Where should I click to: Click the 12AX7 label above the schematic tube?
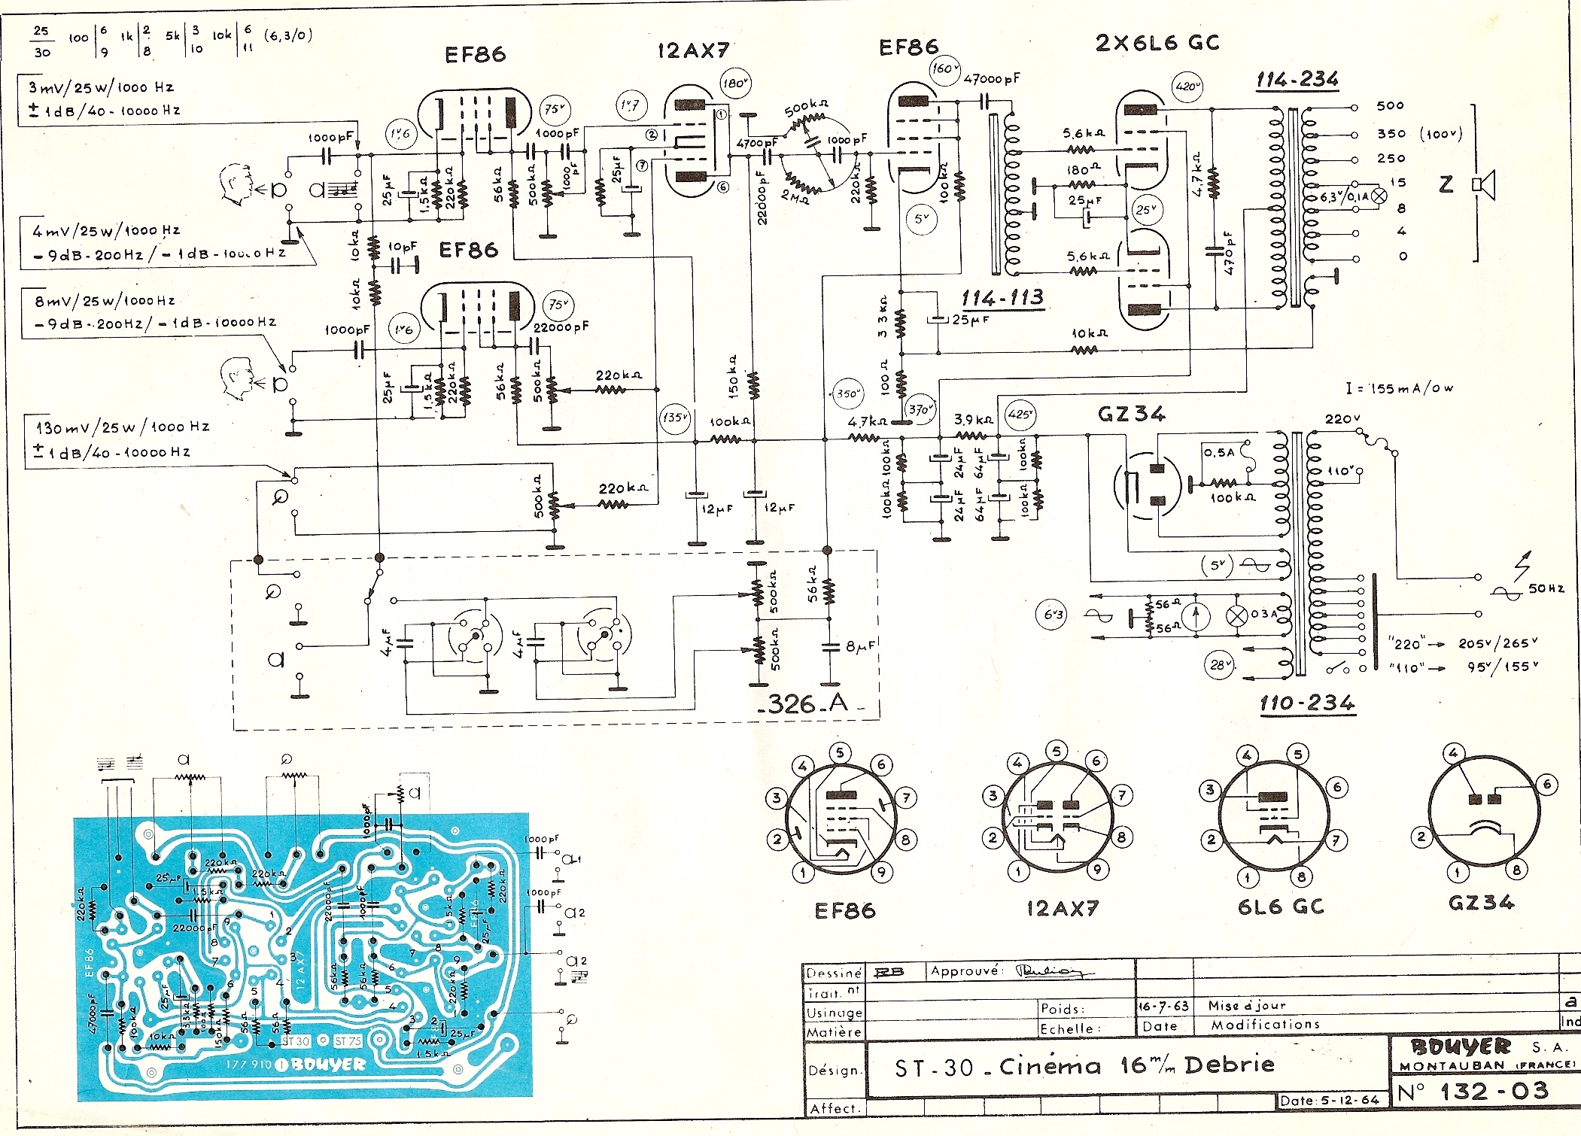pos(693,50)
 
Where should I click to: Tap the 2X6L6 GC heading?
pos(1157,43)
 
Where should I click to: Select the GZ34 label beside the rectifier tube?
pos(1131,414)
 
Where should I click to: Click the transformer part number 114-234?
pos(1297,80)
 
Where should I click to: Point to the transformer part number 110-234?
pos(1307,703)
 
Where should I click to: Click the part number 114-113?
pos(1002,299)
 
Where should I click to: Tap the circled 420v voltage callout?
pos(1187,87)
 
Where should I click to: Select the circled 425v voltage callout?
pos(1020,415)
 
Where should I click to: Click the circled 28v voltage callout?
pos(1218,665)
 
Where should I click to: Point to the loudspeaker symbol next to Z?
pos(1484,184)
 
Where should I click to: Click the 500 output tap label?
pos(1390,106)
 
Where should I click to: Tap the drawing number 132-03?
pos(1494,1091)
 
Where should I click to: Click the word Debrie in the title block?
pos(1229,1065)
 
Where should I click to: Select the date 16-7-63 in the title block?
pos(1163,1006)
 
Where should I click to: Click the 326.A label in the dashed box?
pos(808,704)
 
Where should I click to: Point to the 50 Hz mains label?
pos(1546,588)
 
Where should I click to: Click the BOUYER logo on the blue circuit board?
pos(328,1065)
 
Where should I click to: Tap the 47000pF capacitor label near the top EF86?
pos(992,78)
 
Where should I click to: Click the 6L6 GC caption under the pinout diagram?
pos(1281,907)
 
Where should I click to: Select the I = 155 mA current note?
pos(1400,388)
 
